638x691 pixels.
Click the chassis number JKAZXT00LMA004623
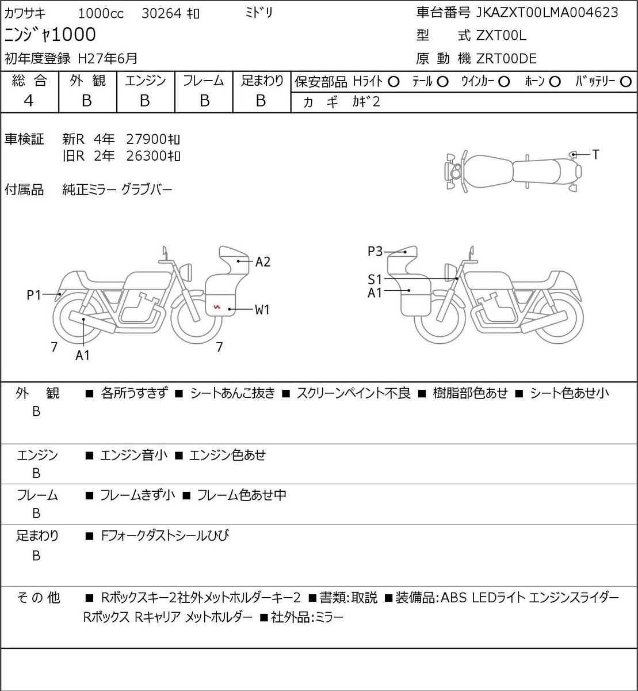(547, 13)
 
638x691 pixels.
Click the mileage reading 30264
(161, 14)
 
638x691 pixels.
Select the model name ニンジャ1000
(50, 35)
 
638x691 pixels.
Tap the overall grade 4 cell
(29, 101)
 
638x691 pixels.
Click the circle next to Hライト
(394, 82)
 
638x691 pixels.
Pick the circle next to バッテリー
(625, 82)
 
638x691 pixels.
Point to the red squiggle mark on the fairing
(217, 306)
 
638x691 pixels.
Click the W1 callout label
(262, 309)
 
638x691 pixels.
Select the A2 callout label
(263, 261)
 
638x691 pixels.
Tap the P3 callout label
(375, 251)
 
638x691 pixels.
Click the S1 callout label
(375, 279)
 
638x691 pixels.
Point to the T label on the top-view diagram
(595, 154)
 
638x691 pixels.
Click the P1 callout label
(34, 295)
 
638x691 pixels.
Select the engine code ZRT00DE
(506, 59)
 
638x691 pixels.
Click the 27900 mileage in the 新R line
(146, 139)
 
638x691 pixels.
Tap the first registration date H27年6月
(108, 59)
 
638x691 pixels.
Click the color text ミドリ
(259, 13)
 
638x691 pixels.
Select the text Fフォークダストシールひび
(165, 536)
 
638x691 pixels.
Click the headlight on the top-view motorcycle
(455, 171)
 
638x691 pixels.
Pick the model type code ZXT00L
(501, 36)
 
